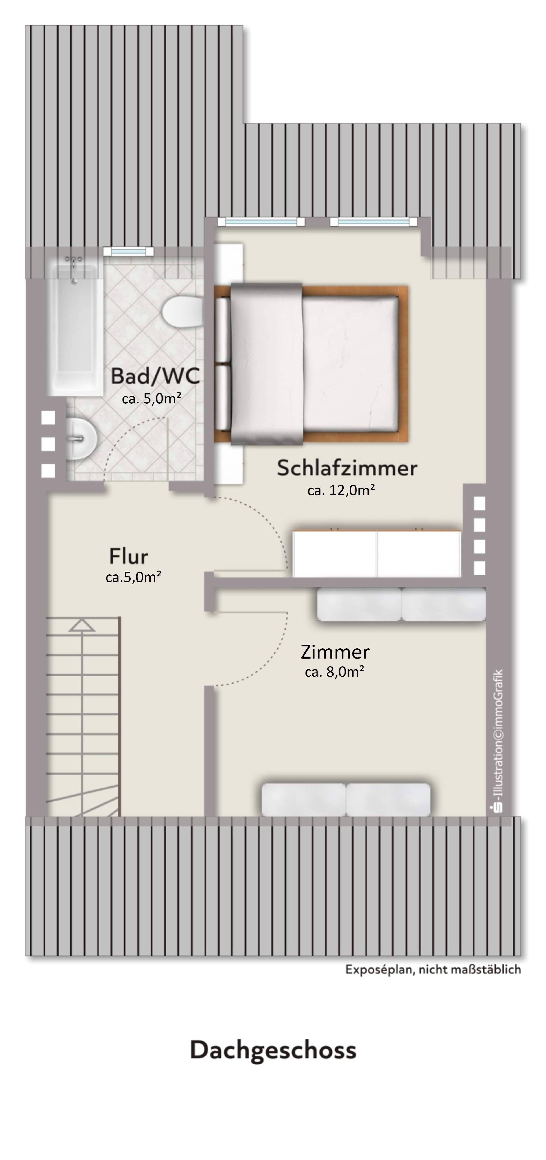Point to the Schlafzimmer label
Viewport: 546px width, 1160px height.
[x=347, y=468]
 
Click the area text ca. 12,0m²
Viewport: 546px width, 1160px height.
[x=341, y=490]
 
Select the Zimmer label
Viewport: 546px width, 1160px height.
[x=335, y=652]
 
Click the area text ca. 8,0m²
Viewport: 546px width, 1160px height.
[x=334, y=672]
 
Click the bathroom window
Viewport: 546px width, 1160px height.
[x=128, y=252]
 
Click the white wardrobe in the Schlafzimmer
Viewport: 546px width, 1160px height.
[x=376, y=553]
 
